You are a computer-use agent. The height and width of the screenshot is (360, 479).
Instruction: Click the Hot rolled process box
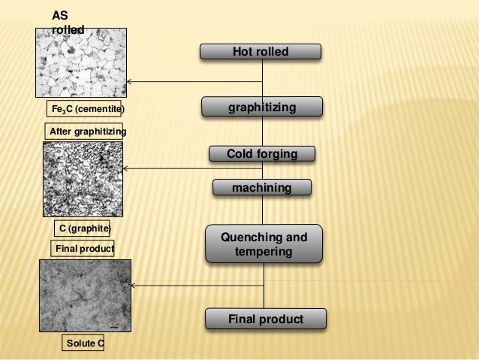coord(261,51)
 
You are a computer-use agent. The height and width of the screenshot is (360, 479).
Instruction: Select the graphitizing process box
coord(262,108)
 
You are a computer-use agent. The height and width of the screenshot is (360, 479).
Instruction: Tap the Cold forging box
coord(262,154)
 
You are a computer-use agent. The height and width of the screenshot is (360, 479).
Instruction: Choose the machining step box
coord(261,186)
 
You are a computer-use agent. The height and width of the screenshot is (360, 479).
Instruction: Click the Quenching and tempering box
coord(264,244)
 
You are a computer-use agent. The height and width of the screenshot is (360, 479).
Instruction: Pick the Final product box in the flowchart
coord(266,319)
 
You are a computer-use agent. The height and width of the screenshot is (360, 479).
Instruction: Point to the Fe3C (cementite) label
coord(83,109)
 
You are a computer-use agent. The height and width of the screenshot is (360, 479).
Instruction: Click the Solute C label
coord(83,343)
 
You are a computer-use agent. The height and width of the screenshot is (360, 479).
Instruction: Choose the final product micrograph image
coord(85,294)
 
